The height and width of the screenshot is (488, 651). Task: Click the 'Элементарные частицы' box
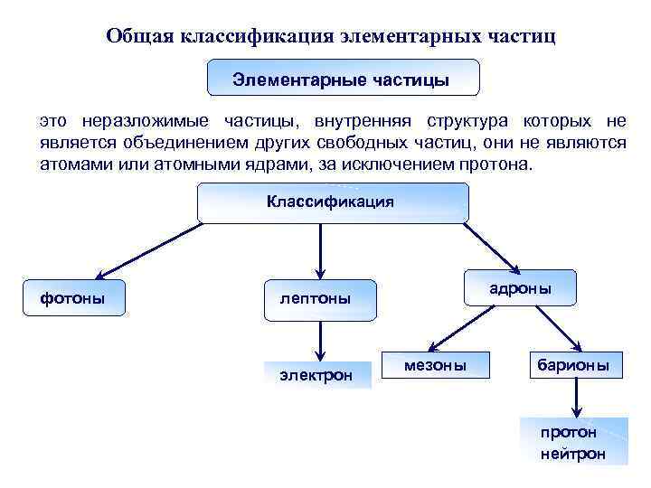[x=342, y=79]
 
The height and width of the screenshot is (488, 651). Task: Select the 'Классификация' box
[x=332, y=202]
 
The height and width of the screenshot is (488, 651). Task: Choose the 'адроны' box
[x=519, y=288]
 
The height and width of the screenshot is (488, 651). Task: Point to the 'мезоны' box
[x=436, y=365]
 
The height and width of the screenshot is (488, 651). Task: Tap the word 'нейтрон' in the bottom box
[x=572, y=453]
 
